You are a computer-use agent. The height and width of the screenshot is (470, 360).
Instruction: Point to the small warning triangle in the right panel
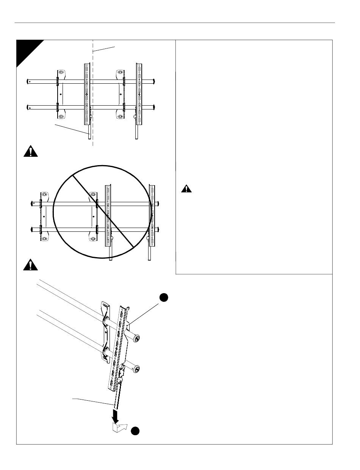click(x=186, y=189)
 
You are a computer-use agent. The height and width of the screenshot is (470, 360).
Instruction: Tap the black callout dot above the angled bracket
click(x=163, y=298)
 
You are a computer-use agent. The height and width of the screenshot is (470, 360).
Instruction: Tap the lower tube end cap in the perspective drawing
click(x=136, y=368)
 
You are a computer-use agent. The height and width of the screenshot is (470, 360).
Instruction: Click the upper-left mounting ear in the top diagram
click(x=61, y=72)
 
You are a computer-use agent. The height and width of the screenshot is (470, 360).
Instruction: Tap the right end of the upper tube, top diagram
click(x=155, y=81)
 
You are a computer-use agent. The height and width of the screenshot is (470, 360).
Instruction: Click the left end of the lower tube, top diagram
click(x=29, y=107)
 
